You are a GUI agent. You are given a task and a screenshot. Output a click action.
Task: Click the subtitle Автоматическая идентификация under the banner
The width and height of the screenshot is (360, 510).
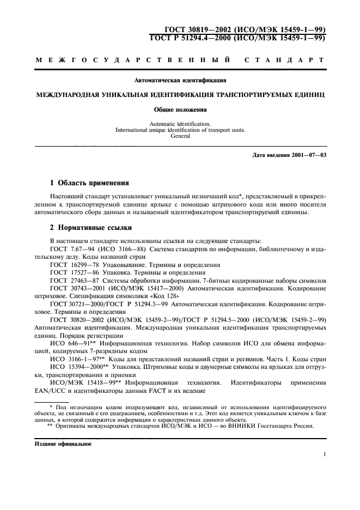click(180, 80)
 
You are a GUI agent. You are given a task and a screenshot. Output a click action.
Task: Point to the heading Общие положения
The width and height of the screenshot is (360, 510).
click(180, 109)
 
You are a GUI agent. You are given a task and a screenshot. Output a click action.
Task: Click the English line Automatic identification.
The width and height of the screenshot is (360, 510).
click(180, 124)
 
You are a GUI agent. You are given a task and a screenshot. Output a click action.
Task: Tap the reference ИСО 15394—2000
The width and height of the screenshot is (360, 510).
click(74, 368)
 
